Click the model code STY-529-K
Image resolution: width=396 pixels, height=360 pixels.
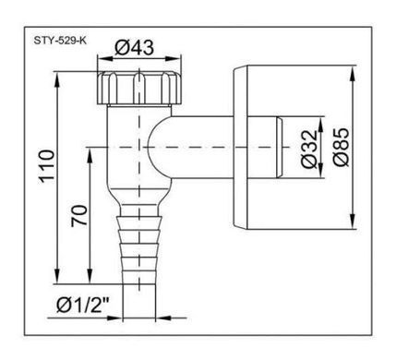60,41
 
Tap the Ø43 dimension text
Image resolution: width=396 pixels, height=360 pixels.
134,48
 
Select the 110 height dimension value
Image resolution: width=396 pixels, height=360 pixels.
47,166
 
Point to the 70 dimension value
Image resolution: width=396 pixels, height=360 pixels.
79,216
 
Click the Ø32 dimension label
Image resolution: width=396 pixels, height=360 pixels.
309,149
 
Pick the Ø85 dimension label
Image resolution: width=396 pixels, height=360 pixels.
342,147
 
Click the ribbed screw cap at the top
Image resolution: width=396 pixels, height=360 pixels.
139,88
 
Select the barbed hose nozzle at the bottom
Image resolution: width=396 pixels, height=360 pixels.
139,247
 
